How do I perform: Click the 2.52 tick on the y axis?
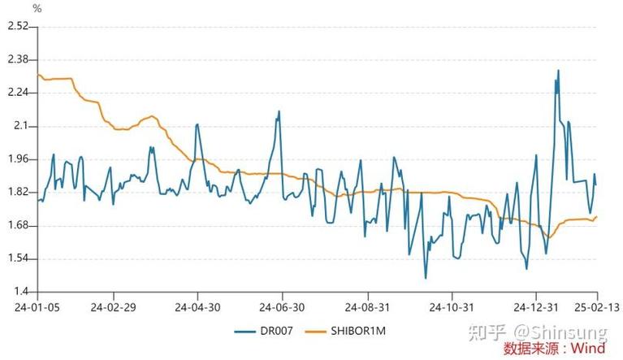point(17,26)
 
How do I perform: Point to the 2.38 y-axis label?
point(17,59)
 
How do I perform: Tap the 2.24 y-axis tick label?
point(17,93)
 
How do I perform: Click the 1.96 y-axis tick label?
point(17,159)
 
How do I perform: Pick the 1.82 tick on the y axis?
point(17,193)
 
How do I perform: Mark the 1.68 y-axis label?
point(17,226)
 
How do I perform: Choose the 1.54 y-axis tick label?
point(17,259)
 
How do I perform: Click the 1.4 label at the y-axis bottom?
point(20,292)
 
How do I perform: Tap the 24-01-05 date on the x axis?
point(30,308)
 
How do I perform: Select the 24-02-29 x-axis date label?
point(113,308)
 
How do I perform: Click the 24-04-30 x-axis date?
point(197,308)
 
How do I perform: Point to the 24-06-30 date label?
point(282,308)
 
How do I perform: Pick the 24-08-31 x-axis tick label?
point(367,308)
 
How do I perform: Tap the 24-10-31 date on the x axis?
point(452,308)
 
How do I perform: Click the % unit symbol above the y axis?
point(37,8)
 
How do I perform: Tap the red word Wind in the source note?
point(587,349)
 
